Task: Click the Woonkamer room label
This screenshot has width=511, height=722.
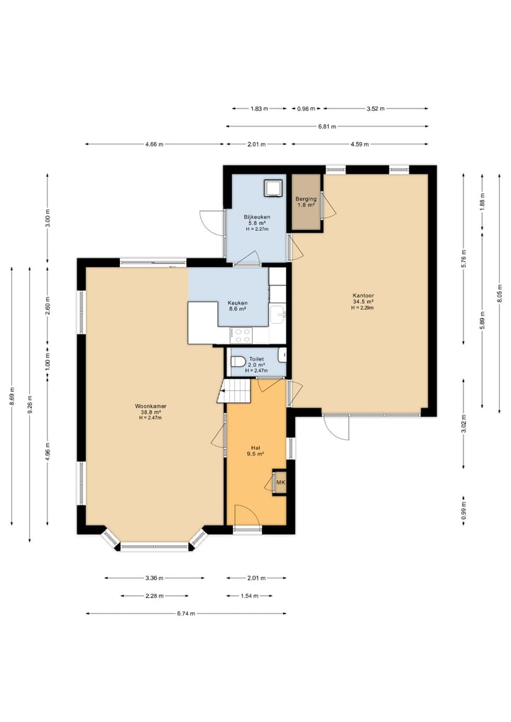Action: point(150,406)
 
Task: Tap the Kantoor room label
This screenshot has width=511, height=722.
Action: point(363,295)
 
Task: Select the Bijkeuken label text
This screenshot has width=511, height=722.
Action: point(257,217)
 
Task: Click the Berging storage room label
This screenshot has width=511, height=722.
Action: point(306,199)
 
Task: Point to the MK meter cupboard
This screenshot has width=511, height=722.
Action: point(280,483)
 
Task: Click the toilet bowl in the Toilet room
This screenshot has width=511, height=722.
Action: point(238,361)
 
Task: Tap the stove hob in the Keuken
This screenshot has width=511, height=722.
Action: point(241,335)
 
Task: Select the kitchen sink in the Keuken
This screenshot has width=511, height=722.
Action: point(278,315)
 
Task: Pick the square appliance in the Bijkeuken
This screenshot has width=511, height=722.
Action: point(273,187)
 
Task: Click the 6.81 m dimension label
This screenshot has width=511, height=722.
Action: point(327,126)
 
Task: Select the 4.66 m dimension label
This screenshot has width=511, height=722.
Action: point(154,144)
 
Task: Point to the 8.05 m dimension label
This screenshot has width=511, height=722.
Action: point(500,294)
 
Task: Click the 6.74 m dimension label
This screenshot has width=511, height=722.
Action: point(186,613)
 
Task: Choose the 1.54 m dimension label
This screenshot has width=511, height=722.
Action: point(249,596)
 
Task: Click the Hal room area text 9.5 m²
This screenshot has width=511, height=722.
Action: point(257,454)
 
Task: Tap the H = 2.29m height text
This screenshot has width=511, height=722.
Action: point(363,307)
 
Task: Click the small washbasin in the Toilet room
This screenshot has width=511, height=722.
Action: point(282,354)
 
